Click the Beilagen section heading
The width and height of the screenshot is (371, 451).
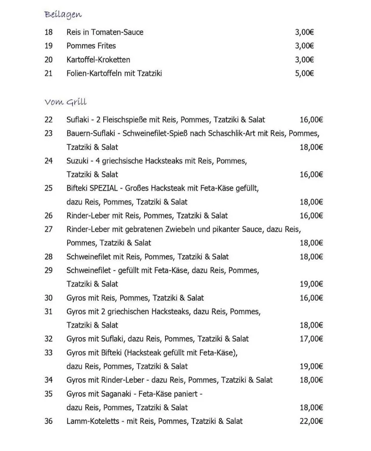pyautogui.click(x=63, y=15)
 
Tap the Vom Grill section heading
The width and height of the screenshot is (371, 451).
pyautogui.click(x=66, y=102)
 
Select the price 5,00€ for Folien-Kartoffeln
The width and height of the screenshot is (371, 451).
pyautogui.click(x=304, y=74)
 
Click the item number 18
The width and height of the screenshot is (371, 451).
pyautogui.click(x=48, y=32)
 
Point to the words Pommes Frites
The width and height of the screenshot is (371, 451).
pyautogui.click(x=91, y=46)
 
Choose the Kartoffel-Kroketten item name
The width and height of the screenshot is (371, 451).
pyautogui.click(x=98, y=60)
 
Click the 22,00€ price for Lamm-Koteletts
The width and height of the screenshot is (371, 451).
pyautogui.click(x=311, y=421)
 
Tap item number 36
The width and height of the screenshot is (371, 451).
pyautogui.click(x=48, y=421)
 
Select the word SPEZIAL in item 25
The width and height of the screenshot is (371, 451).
pyautogui.click(x=104, y=188)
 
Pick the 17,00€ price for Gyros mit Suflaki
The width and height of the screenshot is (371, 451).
pyautogui.click(x=311, y=339)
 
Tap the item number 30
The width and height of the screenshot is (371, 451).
pyautogui.click(x=48, y=298)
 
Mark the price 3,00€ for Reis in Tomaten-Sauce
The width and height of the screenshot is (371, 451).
pyautogui.click(x=304, y=32)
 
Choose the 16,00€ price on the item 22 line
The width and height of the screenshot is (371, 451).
pyautogui.click(x=311, y=120)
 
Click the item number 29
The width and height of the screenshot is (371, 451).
pyautogui.click(x=48, y=270)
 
